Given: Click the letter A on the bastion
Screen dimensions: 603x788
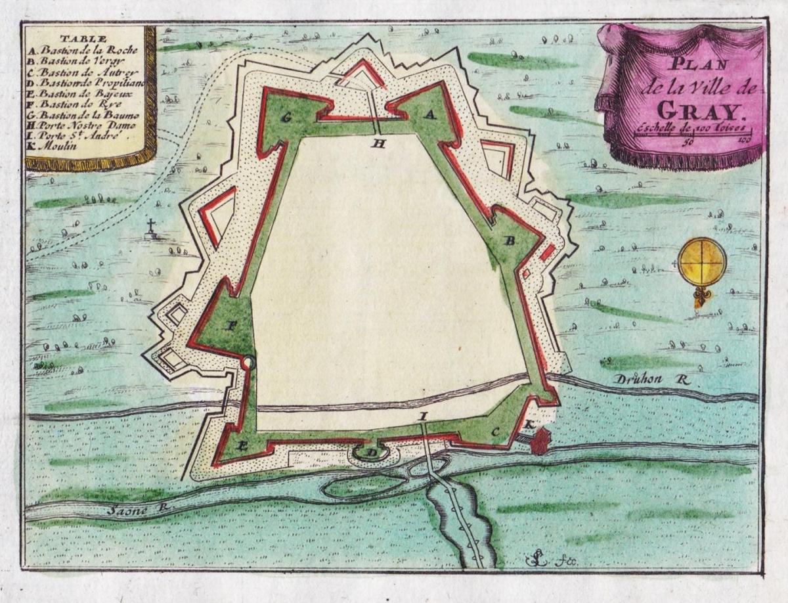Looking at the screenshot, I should coord(430,114).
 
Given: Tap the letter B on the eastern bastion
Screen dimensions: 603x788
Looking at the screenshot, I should coord(509,240).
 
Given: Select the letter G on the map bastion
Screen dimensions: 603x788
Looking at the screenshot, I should coord(286,118).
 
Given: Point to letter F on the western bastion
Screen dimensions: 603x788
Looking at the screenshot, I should coord(230,326).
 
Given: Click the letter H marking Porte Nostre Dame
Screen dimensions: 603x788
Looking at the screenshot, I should coord(378,144).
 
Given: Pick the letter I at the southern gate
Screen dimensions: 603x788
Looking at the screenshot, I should coord(424,416).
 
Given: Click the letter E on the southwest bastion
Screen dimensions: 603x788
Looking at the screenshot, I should coord(242,446).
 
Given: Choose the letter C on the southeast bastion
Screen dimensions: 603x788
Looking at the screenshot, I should coord(496,431).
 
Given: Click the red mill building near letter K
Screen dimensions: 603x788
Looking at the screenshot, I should coord(539,441).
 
